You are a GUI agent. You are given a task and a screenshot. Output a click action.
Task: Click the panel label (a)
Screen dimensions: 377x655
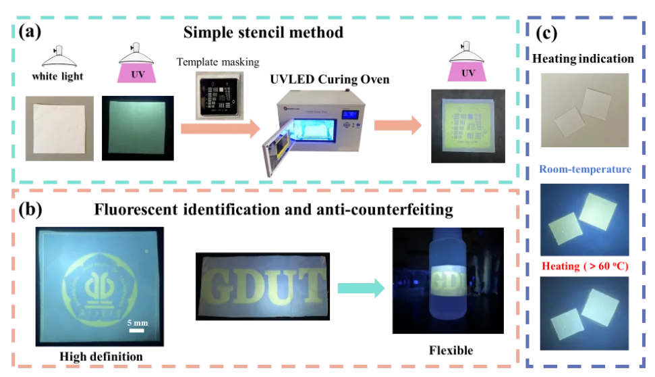(34, 32)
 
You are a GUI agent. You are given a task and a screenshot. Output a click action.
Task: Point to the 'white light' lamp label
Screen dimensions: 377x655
(58, 76)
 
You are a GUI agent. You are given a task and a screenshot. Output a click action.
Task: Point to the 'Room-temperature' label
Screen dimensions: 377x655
(583, 170)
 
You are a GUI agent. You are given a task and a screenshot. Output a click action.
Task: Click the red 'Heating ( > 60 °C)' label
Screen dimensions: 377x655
(583, 266)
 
